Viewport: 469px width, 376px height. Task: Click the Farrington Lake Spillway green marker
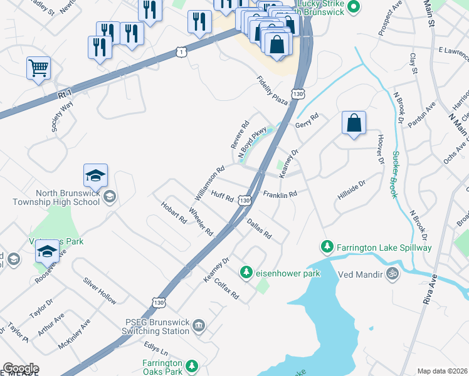(x=326, y=248)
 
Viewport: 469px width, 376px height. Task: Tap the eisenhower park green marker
(x=246, y=273)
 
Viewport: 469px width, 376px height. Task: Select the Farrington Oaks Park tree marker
(x=191, y=365)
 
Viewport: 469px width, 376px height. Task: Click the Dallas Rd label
(x=259, y=229)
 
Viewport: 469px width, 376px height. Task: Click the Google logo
(x=21, y=368)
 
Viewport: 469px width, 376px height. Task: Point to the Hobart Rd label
(x=174, y=213)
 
